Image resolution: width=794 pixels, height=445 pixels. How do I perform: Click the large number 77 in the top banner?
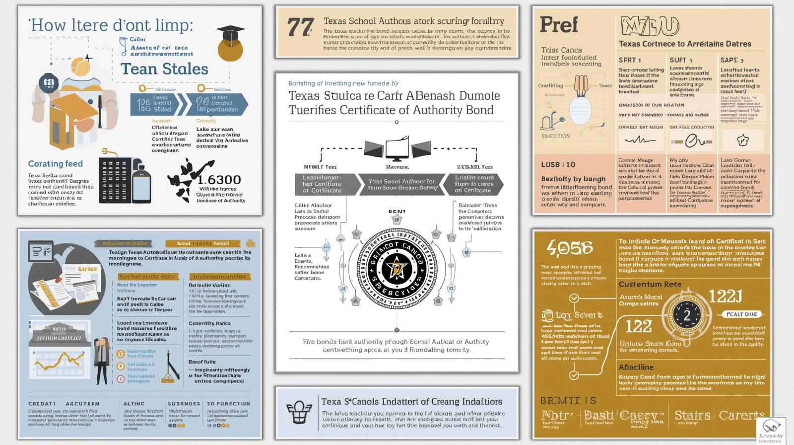(x=300, y=28)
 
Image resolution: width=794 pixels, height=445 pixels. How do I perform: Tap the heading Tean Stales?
(x=164, y=69)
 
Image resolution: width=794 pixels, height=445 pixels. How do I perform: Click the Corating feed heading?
(x=55, y=164)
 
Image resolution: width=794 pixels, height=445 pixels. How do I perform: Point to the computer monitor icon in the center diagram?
(x=397, y=149)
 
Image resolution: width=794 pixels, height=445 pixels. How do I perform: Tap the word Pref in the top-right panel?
(x=558, y=25)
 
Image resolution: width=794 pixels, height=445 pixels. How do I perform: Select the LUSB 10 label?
(x=558, y=164)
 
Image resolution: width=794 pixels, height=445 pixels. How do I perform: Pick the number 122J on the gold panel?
(x=725, y=297)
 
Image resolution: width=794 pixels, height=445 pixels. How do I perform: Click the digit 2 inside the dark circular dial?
(x=687, y=316)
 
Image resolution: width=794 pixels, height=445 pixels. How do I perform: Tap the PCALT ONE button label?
(x=741, y=314)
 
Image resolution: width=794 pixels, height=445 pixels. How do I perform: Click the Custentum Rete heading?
(x=650, y=285)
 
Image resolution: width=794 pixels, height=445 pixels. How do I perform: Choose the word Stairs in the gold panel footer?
(x=692, y=415)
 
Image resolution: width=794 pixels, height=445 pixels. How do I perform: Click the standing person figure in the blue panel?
(x=102, y=361)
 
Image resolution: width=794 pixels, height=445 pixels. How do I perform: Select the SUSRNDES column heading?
(x=184, y=404)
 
